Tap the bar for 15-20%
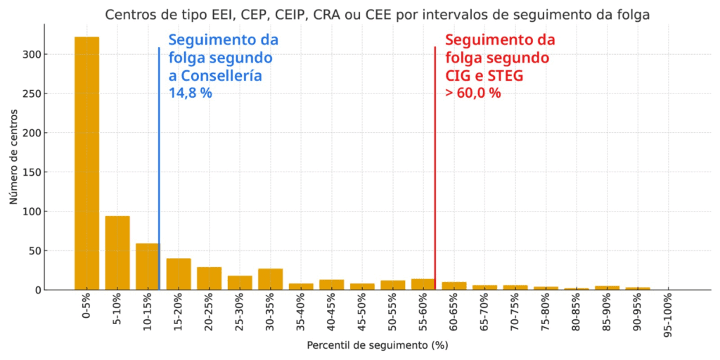pyautogui.click(x=179, y=274)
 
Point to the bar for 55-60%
pyautogui.click(x=423, y=284)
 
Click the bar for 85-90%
pyautogui.click(x=607, y=288)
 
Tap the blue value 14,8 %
pyautogui.click(x=190, y=92)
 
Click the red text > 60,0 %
pyautogui.click(x=472, y=92)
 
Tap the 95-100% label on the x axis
pyautogui.click(x=669, y=314)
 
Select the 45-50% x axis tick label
pyautogui.click(x=362, y=312)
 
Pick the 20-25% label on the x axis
pyautogui.click(x=210, y=312)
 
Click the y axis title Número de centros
pyautogui.click(x=14, y=162)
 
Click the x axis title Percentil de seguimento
pyautogui.click(x=377, y=345)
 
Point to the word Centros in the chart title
pyautogui.click(x=129, y=15)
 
